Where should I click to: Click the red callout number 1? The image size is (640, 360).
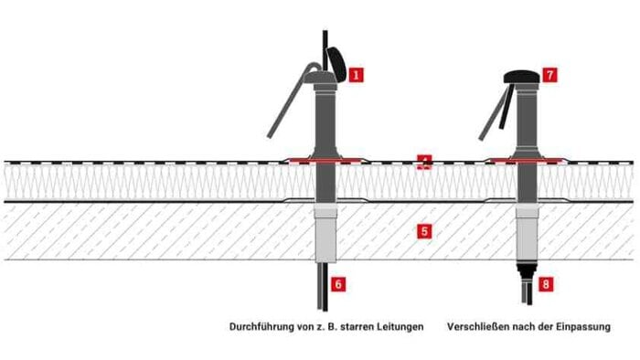coord(356,75)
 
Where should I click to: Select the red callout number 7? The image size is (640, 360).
coord(549,75)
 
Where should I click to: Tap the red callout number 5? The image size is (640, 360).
coord(424,231)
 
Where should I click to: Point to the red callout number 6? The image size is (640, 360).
coord(338,284)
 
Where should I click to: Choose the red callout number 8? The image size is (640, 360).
coord(546,284)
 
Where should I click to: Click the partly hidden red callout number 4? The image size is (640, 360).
coord(424,161)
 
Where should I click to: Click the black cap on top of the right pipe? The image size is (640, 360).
coord(522,77)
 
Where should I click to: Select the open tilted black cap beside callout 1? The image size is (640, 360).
coord(336,64)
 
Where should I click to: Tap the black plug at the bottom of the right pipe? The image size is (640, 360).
coord(527,269)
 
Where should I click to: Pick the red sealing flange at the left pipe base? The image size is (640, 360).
coord(325,160)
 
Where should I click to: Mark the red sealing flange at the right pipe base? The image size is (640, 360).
coord(527,160)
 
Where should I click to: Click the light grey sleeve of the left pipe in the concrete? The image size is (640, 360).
coord(326,233)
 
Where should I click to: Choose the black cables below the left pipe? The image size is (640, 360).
coord(324,287)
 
